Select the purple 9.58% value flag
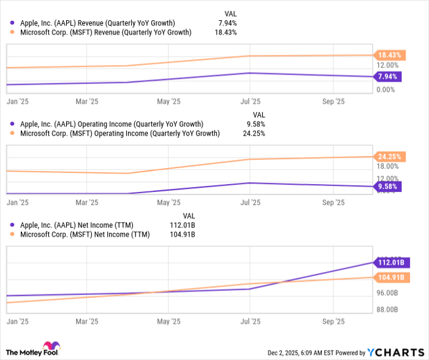[387, 186]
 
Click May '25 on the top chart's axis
[169, 101]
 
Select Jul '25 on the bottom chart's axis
[249, 320]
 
